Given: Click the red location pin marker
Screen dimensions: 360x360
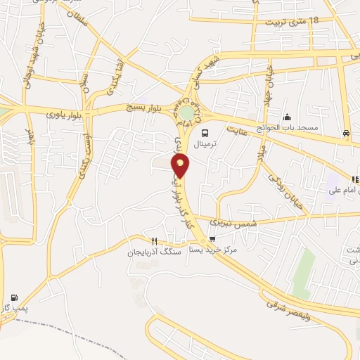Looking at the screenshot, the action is [181, 165].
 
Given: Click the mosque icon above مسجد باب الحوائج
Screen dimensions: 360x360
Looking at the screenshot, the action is [286, 117].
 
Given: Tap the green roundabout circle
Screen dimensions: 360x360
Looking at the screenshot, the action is [186, 112].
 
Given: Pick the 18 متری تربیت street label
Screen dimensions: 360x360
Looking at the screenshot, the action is [292, 22].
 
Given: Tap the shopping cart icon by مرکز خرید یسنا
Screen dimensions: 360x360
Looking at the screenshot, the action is [212, 238].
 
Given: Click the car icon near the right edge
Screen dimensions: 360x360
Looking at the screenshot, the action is [346, 133].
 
